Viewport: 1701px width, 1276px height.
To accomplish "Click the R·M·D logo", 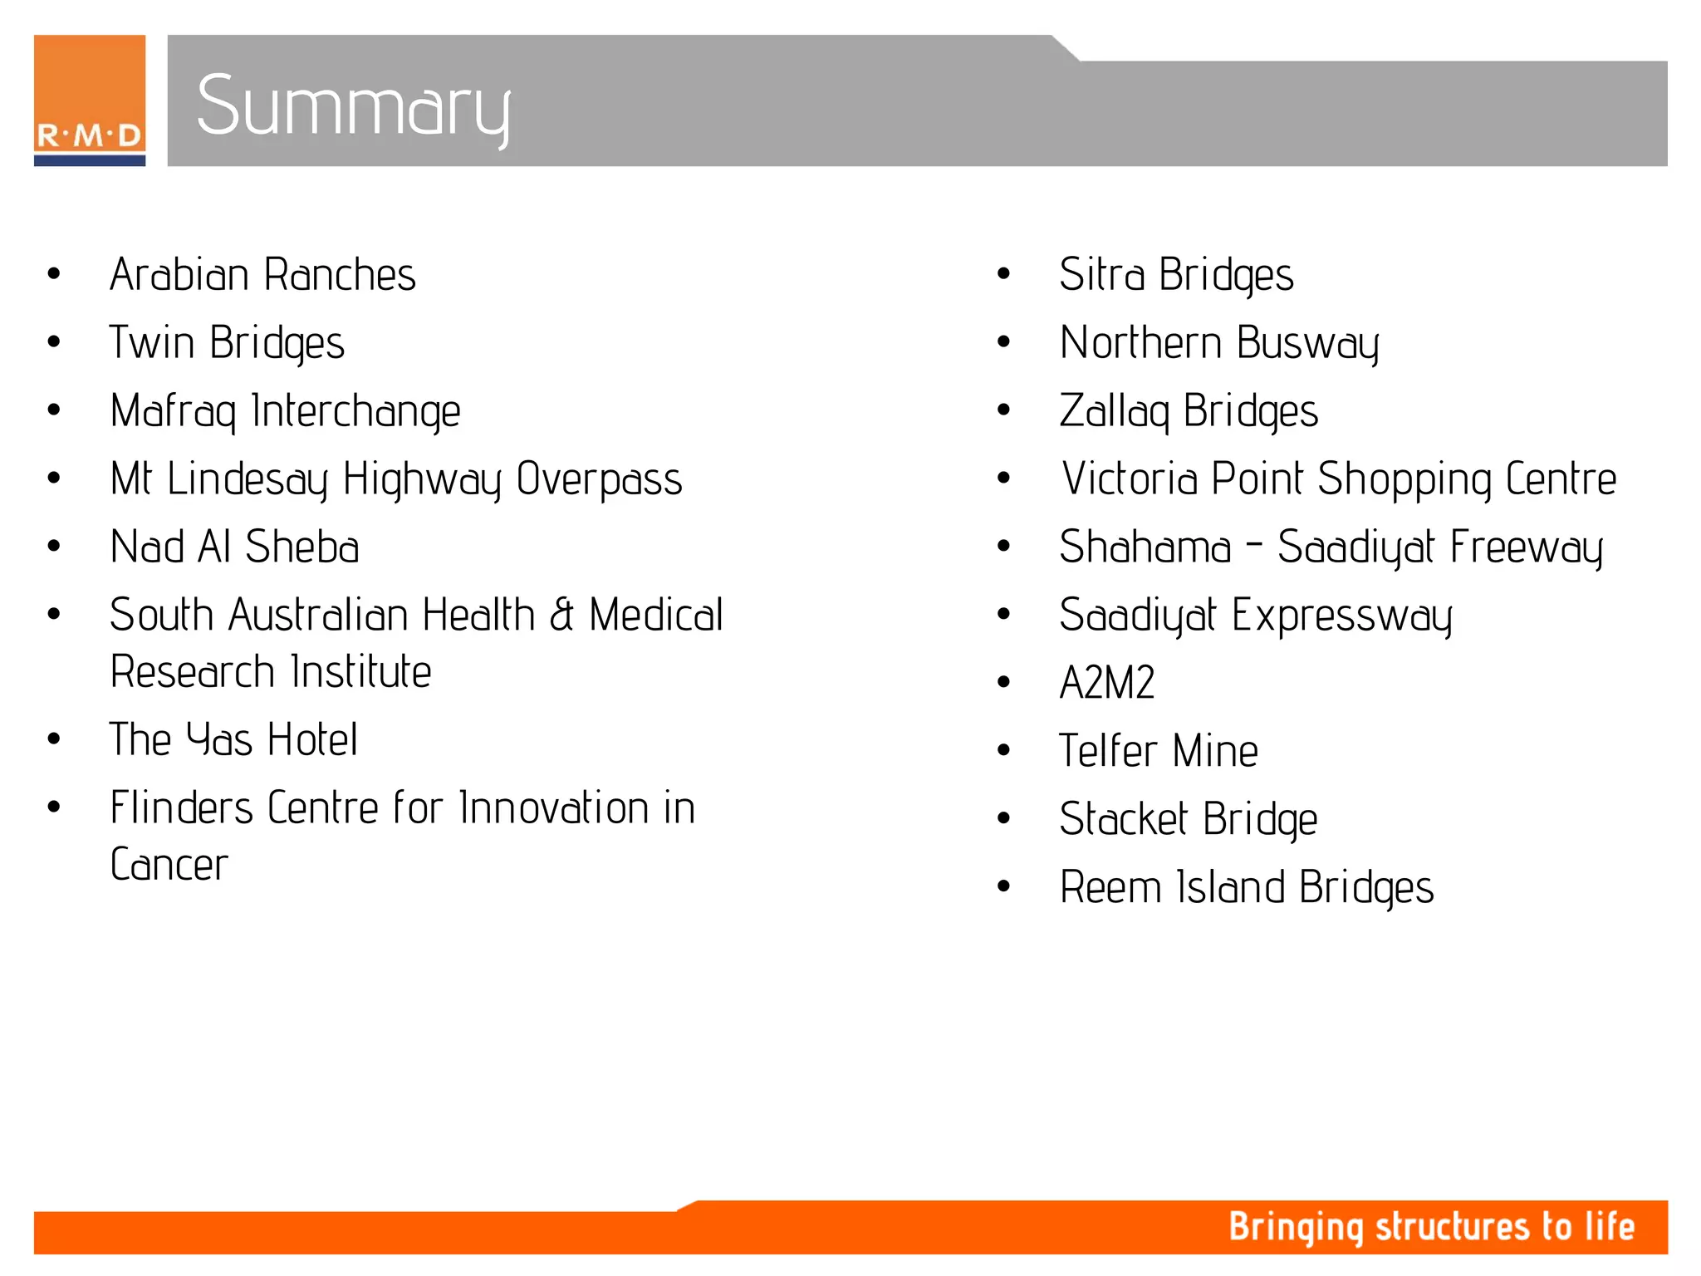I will coord(90,101).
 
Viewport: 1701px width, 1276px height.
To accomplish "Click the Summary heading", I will coord(353,106).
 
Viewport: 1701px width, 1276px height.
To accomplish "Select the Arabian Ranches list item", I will coord(262,275).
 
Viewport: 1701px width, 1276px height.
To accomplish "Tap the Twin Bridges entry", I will coord(227,343).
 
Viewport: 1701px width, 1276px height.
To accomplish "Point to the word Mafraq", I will coord(173,411).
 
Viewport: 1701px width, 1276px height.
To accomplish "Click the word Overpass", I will coord(599,479).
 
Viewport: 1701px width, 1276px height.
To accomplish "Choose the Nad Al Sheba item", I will coord(234,547).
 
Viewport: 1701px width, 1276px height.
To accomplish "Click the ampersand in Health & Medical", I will coord(561,616).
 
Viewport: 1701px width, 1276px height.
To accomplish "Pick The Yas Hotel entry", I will coord(233,739).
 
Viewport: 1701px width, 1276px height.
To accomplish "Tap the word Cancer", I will coord(169,865).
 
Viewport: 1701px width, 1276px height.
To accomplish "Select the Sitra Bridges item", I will coord(1176,275).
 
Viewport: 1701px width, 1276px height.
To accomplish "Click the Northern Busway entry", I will coord(1219,343).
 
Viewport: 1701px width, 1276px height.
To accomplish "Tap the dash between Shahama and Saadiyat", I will coord(1254,545).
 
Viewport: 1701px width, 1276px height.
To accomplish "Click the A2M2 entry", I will coord(1107,683).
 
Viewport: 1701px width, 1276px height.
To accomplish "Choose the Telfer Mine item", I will coord(1159,751).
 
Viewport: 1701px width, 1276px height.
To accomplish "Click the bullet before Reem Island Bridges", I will coord(1004,886).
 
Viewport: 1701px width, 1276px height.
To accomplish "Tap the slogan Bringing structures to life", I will coord(1431,1227).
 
